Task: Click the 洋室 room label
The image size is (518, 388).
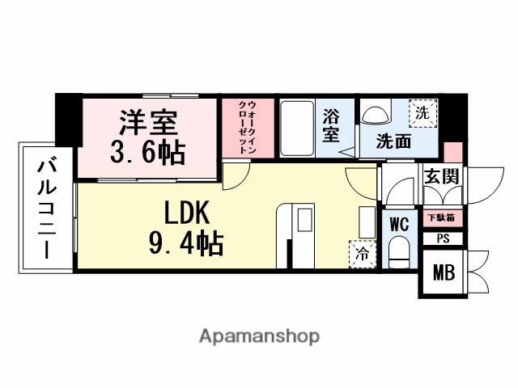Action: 149,124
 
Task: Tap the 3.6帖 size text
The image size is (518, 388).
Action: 147,152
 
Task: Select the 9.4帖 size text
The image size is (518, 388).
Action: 185,242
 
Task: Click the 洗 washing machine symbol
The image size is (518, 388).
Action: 422,114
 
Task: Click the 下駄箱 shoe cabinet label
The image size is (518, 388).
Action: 441,217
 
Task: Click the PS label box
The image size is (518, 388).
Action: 442,238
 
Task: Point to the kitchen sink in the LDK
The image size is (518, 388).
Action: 304,221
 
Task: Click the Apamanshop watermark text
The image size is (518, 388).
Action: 259,335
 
